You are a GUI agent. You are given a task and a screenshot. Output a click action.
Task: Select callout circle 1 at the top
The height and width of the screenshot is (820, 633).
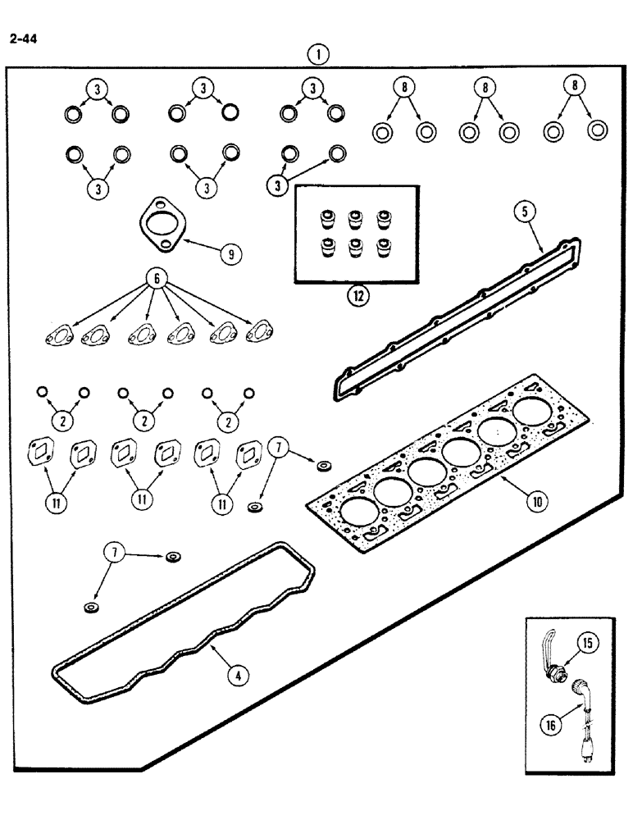[x=317, y=55]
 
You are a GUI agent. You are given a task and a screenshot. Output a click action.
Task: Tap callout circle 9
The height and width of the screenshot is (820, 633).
[x=234, y=254]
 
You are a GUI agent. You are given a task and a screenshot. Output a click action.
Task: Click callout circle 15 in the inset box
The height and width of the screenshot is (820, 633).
[x=589, y=645]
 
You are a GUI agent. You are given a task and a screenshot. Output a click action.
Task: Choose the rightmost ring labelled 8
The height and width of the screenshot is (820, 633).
[x=598, y=130]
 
